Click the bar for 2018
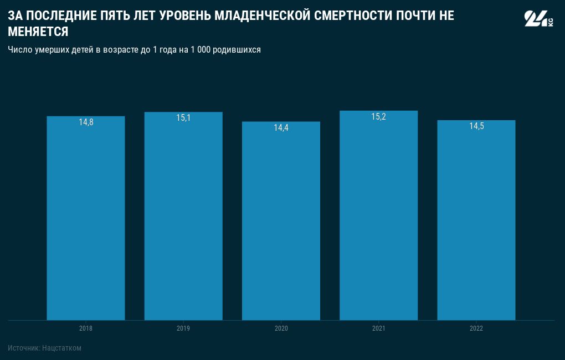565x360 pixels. click(86, 222)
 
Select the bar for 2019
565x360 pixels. click(183, 222)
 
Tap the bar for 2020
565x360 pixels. click(281, 222)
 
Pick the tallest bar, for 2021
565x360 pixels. click(378, 222)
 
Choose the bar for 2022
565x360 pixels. click(476, 222)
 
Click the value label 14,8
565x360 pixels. click(86, 122)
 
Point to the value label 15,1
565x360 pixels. click(183, 118)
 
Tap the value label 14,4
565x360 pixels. click(281, 128)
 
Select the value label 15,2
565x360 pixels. click(378, 117)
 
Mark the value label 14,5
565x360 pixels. click(476, 126)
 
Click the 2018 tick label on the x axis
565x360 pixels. click(86, 328)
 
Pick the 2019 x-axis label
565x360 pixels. click(183, 328)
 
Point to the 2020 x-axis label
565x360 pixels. click(281, 328)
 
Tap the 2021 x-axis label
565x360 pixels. click(378, 328)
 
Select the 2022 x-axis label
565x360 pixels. click(476, 328)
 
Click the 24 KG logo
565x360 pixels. click(538, 19)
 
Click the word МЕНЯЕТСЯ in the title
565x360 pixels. click(38, 32)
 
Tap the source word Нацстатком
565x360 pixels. click(61, 348)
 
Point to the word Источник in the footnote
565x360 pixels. click(23, 348)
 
